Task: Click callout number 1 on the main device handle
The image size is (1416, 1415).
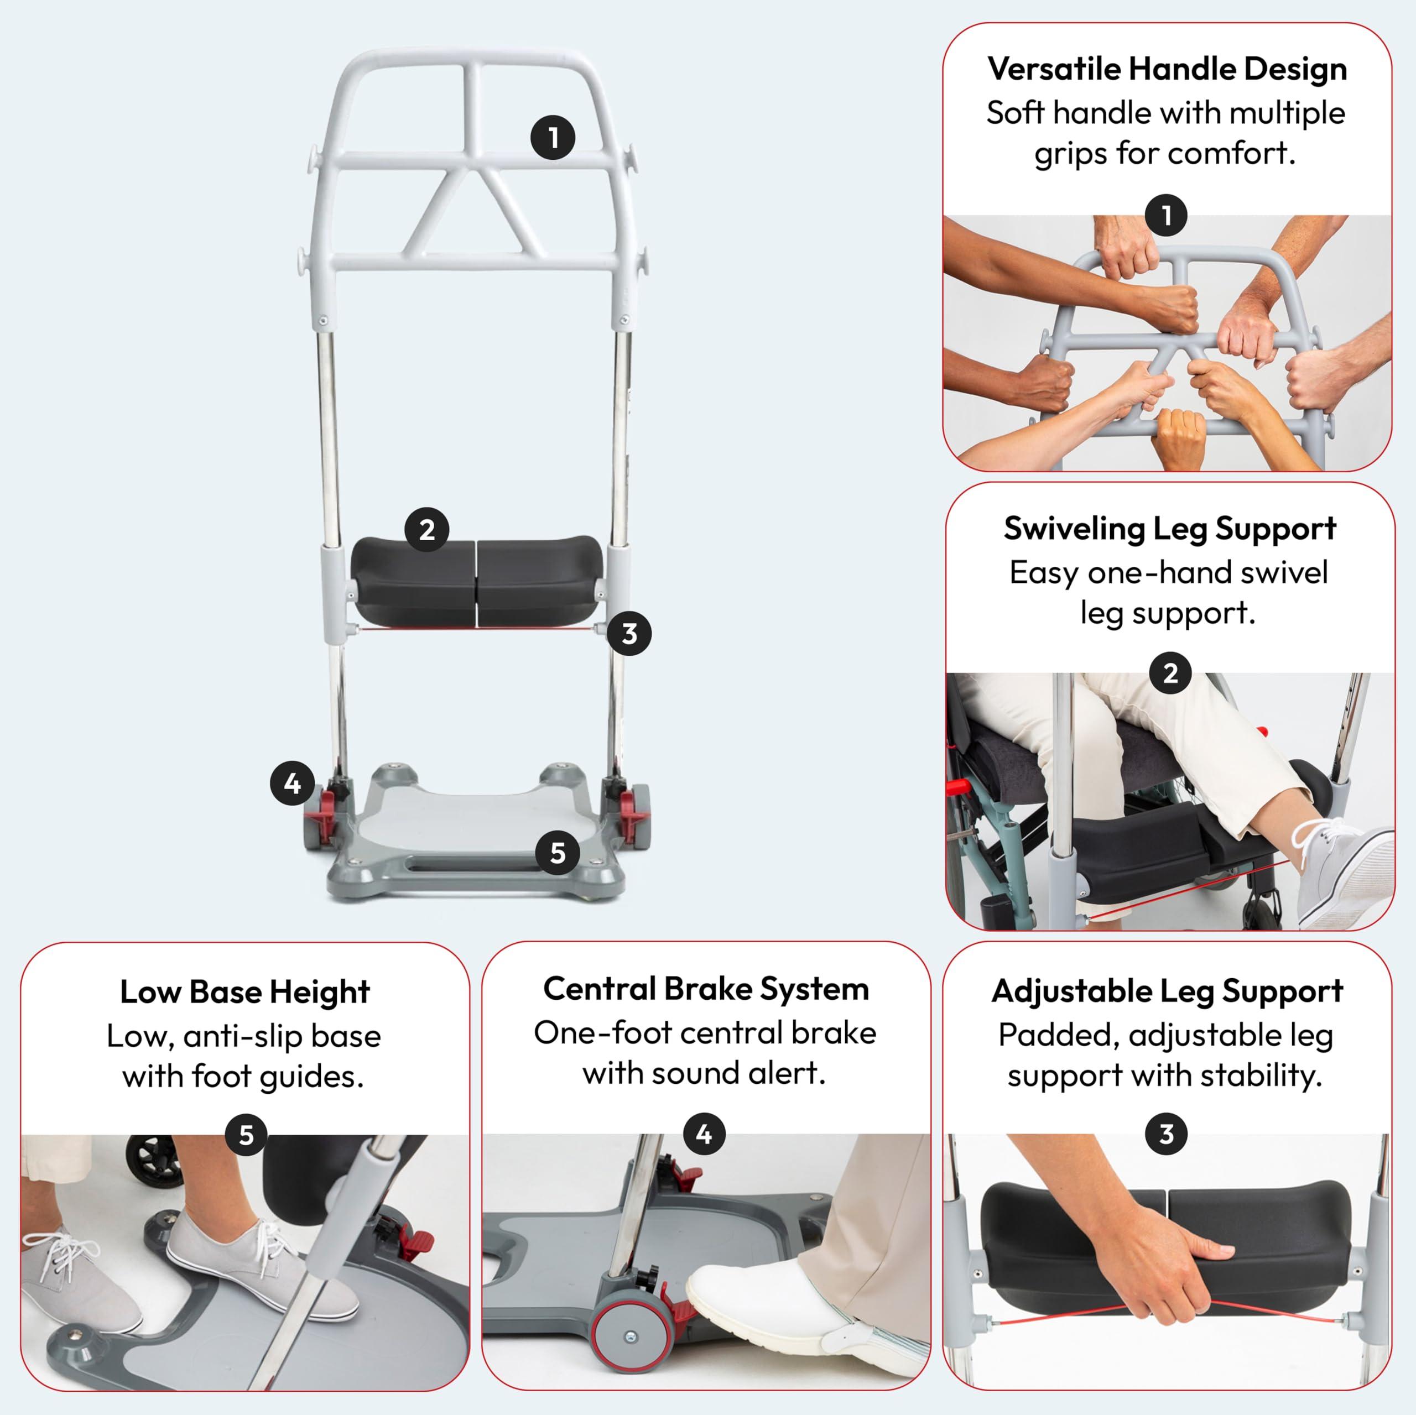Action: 553,138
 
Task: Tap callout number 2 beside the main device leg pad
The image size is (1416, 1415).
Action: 426,530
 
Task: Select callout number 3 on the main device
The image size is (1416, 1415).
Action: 629,633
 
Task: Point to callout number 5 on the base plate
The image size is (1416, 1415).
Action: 558,852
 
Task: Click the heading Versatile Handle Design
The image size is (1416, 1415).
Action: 1167,69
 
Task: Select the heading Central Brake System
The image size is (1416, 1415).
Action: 706,989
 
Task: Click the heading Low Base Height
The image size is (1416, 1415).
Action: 245,992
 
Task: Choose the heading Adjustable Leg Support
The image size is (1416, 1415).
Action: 1167,991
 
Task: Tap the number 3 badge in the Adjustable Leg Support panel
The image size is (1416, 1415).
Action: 1166,1134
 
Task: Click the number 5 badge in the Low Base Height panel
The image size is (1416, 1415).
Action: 246,1135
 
